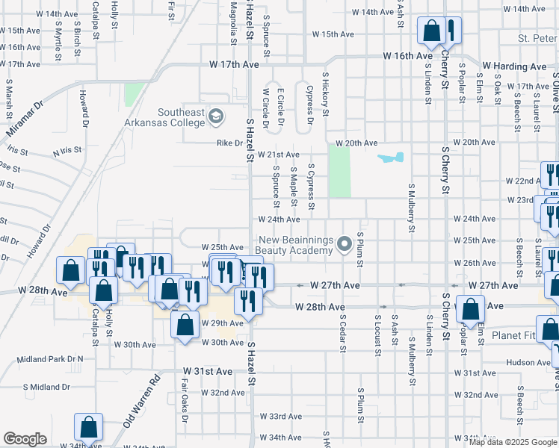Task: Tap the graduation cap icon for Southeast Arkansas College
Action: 217,116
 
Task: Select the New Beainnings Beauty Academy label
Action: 294,245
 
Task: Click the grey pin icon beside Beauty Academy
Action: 345,244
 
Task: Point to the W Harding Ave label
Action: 514,66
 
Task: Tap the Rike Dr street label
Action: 229,143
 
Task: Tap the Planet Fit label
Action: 514,336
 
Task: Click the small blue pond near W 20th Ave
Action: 392,158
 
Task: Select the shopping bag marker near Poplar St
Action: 471,308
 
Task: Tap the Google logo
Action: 25,439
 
